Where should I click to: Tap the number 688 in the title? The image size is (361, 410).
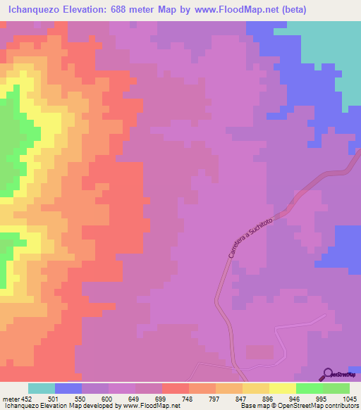click(128, 9)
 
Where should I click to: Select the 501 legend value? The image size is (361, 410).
click(55, 399)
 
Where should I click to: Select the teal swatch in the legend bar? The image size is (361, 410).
click(42, 388)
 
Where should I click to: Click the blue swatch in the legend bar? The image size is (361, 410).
click(68, 388)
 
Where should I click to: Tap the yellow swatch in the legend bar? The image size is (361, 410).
click(283, 388)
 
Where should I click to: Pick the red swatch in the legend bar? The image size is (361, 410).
click(176, 388)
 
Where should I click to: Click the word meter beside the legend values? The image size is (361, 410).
click(11, 399)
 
